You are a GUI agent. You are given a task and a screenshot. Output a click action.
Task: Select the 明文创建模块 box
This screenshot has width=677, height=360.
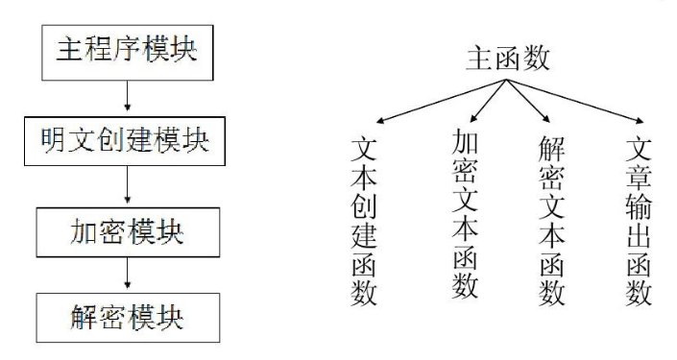[x=126, y=141]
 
